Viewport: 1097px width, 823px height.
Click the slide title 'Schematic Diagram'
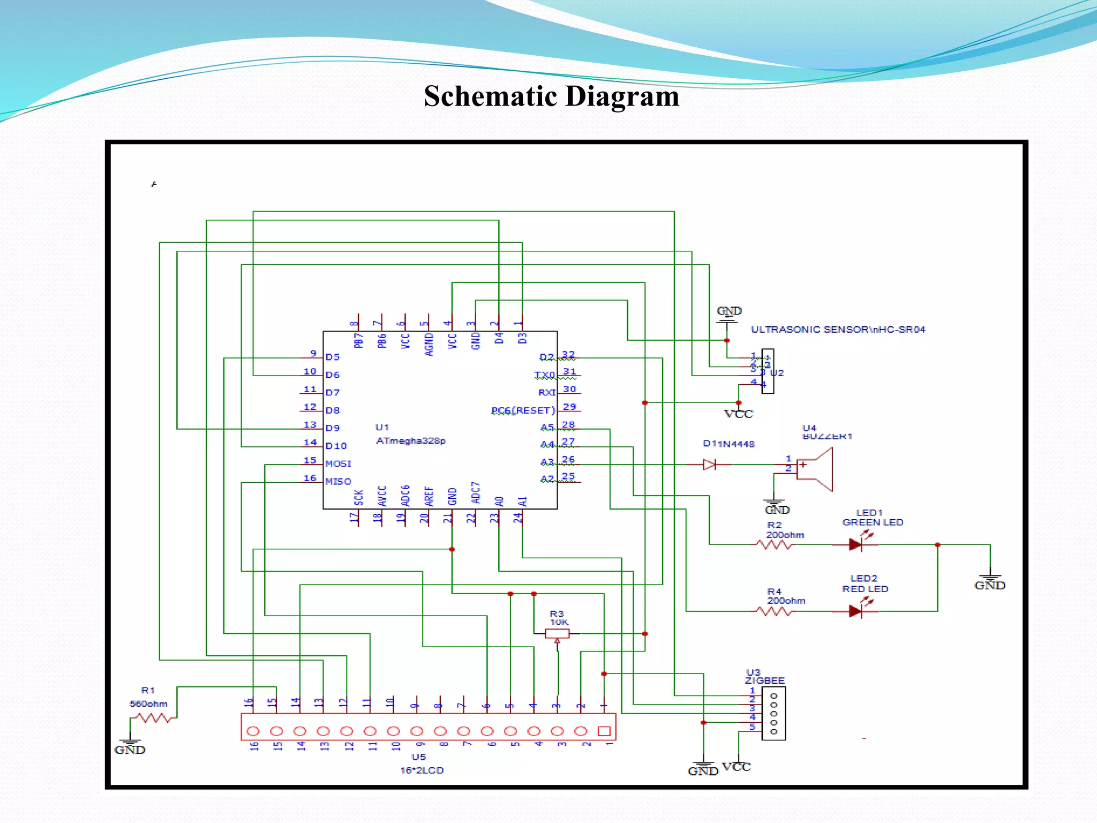pos(551,96)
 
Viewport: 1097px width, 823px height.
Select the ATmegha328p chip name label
pos(410,440)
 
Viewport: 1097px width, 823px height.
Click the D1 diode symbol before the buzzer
pos(710,465)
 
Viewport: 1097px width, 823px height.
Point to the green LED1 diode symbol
pos(855,545)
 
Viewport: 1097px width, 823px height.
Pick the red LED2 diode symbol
pos(855,611)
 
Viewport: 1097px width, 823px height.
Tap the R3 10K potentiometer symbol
pos(557,634)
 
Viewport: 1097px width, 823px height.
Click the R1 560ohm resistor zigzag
pos(153,718)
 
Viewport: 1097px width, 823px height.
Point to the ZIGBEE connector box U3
pos(773,714)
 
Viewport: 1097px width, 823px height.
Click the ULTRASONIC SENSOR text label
pos(838,330)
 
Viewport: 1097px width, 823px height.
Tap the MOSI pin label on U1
pos(338,463)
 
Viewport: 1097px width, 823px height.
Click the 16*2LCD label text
pos(422,770)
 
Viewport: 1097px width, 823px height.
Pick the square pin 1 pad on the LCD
pos(604,731)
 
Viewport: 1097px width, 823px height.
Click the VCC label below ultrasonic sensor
pos(739,414)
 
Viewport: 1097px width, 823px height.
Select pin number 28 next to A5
pos(568,424)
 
